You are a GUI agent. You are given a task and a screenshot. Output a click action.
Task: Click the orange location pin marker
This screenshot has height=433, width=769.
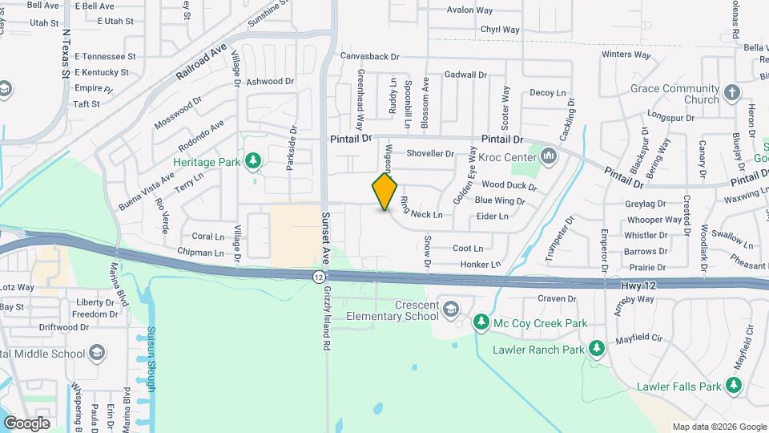pos(385,191)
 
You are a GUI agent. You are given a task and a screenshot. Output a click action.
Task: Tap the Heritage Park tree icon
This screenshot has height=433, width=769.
pos(253,162)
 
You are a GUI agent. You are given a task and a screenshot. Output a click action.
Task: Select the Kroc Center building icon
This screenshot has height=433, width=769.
pos(550,154)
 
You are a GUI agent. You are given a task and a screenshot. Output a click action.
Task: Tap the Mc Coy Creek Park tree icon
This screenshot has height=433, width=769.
pos(481,323)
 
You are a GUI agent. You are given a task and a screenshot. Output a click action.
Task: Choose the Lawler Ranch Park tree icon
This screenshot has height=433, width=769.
pos(596,349)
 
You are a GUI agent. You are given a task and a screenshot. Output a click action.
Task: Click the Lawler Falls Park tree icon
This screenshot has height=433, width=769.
pos(735,386)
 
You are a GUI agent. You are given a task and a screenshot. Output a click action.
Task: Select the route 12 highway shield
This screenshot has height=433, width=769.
pos(319,276)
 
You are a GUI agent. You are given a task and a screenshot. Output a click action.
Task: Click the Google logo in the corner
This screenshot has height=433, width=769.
pos(26,423)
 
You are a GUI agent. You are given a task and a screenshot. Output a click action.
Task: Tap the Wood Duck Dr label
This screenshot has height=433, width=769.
pos(509,185)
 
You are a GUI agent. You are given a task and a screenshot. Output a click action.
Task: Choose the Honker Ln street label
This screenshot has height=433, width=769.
pos(480,265)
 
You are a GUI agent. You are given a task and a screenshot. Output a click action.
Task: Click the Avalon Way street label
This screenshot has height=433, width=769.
pos(469,10)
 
